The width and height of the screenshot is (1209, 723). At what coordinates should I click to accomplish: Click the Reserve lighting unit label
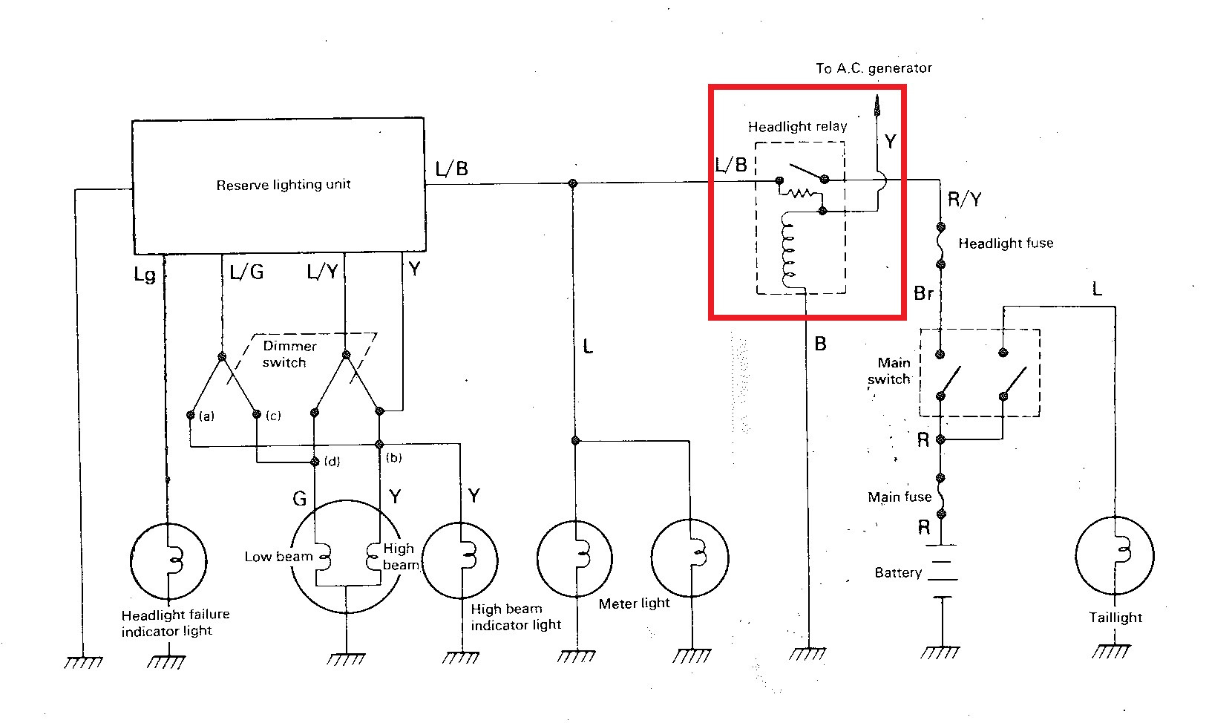(283, 185)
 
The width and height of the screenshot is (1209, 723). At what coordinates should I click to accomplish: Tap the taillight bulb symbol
(1115, 555)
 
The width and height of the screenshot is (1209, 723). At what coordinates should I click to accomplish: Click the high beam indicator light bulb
(461, 560)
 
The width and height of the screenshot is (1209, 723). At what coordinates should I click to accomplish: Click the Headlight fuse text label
(1005, 243)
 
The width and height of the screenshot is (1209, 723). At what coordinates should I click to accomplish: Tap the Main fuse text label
(899, 497)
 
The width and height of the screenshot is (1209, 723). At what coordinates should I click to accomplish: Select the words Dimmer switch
(286, 354)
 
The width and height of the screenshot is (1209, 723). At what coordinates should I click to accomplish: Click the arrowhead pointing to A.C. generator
(877, 105)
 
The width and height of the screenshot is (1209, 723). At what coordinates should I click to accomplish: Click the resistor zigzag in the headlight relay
(799, 193)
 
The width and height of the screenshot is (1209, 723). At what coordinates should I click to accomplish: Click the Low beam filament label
(278, 557)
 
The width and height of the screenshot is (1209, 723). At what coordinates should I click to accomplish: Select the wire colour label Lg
(145, 275)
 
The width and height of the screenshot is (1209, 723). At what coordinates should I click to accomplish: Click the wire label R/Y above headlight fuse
(964, 199)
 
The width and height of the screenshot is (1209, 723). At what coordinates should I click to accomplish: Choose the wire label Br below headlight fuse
(923, 294)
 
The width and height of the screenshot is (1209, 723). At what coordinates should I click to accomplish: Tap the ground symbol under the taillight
(1113, 650)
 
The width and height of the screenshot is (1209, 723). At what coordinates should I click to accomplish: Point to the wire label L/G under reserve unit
(246, 272)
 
